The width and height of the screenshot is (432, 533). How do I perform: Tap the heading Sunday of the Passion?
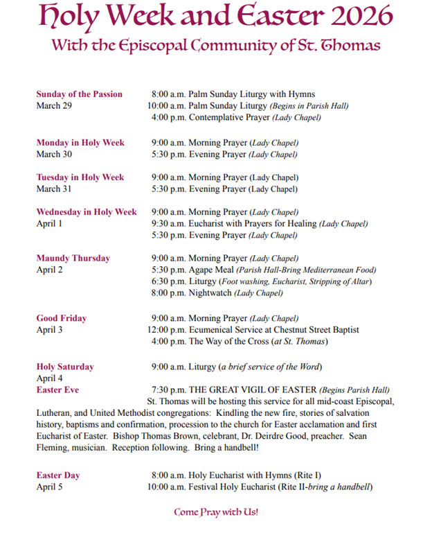coord(79,94)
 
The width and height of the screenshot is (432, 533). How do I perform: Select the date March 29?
coord(54,106)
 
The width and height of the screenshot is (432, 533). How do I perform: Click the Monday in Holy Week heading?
coord(80,143)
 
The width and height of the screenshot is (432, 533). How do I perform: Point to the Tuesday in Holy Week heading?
coord(80,177)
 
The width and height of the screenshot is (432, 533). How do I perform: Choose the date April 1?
coord(49,224)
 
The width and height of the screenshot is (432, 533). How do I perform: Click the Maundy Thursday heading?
coord(73,259)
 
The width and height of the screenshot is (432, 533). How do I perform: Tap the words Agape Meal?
coord(211,270)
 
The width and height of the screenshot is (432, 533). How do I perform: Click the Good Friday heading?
coord(62,319)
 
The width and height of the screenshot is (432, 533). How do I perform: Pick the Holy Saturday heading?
coord(65,367)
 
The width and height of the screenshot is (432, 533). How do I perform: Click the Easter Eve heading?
coord(57,390)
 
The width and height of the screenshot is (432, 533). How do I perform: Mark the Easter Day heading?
coord(58,475)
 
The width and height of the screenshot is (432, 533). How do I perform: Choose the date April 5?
coord(49,487)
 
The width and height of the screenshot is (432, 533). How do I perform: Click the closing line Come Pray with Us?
coord(216,513)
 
